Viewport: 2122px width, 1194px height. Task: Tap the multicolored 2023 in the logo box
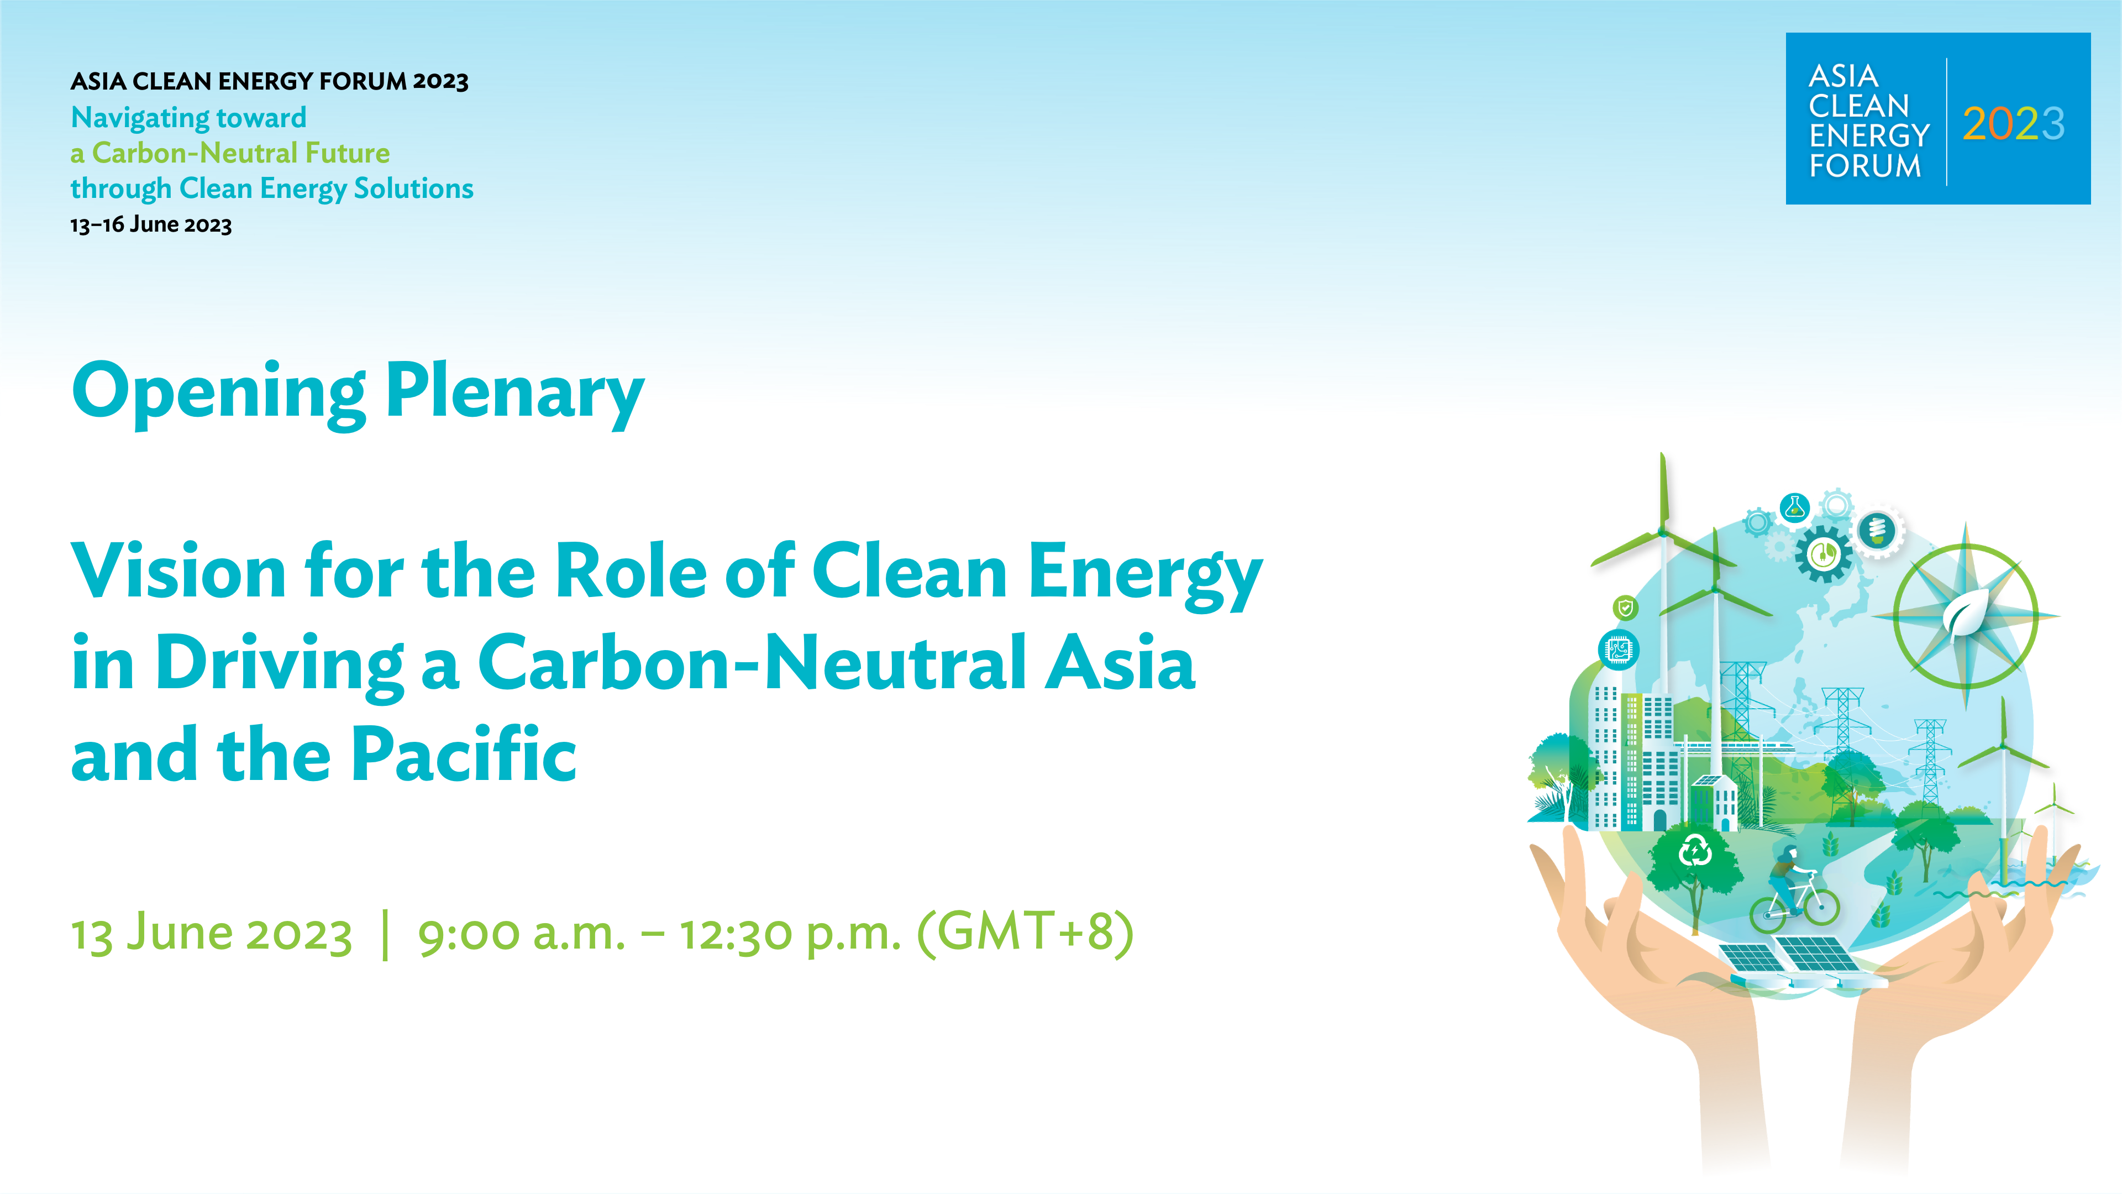[2013, 124]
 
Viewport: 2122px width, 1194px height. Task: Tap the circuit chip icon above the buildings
[1619, 650]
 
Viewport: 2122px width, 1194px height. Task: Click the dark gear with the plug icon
[1823, 554]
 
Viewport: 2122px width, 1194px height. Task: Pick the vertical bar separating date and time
[386, 934]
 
